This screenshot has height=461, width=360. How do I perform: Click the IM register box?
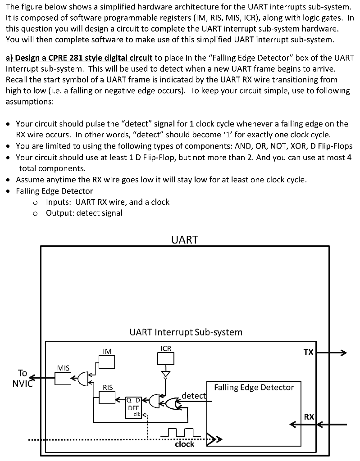pyautogui.click(x=107, y=361)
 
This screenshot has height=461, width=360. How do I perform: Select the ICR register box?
pyautogui.click(x=165, y=358)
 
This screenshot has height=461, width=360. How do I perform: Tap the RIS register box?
pyautogui.click(x=107, y=398)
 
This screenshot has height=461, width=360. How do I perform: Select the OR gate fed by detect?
pyautogui.click(x=171, y=403)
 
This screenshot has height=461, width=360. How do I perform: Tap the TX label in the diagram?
pyautogui.click(x=308, y=353)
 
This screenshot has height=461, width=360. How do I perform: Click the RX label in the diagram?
pyautogui.click(x=309, y=417)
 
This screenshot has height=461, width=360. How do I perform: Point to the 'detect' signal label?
pyautogui.click(x=193, y=396)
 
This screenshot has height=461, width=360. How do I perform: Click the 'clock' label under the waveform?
pyautogui.click(x=184, y=444)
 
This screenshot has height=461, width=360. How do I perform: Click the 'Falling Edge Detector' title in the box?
pyautogui.click(x=254, y=387)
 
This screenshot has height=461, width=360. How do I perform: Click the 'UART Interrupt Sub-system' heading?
pyautogui.click(x=186, y=332)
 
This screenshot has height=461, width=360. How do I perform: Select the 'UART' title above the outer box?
pyautogui.click(x=185, y=240)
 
